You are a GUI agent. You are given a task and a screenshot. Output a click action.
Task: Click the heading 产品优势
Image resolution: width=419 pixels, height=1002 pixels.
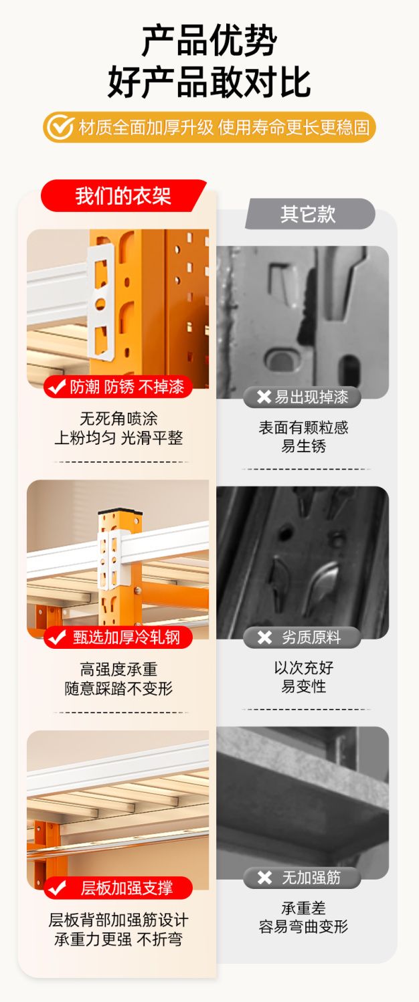point(209,41)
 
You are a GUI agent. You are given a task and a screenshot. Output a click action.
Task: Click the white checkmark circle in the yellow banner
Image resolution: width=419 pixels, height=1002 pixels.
point(60,127)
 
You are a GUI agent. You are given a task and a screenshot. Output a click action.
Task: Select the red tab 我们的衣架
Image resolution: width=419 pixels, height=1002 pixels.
point(123,195)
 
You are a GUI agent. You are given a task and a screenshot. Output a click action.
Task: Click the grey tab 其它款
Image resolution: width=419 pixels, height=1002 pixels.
point(309,214)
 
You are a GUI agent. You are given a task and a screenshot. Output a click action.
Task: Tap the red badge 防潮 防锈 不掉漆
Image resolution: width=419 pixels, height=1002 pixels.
point(118,387)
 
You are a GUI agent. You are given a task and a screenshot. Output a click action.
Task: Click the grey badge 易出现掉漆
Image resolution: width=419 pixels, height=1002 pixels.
point(302,397)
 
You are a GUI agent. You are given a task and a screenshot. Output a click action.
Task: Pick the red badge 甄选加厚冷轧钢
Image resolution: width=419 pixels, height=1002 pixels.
point(118,637)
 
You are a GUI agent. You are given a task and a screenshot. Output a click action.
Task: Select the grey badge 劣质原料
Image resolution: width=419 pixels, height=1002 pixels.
point(302,637)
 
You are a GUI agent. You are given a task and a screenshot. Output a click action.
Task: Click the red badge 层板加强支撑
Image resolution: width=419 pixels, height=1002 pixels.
point(118,888)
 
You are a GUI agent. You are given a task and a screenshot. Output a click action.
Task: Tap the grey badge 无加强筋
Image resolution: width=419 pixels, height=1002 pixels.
point(302,878)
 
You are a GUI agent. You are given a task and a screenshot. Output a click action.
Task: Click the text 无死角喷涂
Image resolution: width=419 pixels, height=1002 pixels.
point(118,419)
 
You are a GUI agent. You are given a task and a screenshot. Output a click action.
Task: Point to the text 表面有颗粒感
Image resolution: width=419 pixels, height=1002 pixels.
point(303,427)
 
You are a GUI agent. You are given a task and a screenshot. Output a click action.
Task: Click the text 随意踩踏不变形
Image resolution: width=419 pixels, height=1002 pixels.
point(118,688)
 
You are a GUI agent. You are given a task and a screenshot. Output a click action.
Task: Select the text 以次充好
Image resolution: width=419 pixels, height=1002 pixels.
point(303,668)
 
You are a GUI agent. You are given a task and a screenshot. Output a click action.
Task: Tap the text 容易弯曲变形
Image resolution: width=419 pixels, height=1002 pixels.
point(303,926)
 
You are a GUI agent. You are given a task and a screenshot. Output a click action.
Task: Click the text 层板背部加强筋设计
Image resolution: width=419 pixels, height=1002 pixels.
point(118,920)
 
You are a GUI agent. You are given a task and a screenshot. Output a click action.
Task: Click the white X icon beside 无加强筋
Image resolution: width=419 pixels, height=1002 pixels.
point(264,878)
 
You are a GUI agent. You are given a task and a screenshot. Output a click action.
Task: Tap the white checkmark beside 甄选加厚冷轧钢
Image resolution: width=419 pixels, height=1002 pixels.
point(57,637)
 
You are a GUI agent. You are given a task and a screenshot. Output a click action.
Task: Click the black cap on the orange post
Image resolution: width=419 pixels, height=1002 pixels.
point(120,511)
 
